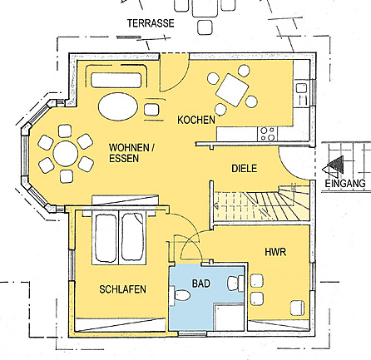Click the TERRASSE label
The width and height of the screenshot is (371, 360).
(x=151, y=23)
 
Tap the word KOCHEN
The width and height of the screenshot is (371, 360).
(x=196, y=120)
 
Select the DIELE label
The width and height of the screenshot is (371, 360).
(x=245, y=169)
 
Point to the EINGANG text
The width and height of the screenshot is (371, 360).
(x=345, y=183)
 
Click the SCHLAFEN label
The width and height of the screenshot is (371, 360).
(x=122, y=289)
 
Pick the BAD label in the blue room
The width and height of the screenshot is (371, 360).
(x=201, y=284)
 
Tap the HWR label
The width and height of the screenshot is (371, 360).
(x=275, y=252)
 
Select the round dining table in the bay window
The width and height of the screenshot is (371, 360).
(x=66, y=154)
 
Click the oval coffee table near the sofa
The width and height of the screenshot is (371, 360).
(x=118, y=106)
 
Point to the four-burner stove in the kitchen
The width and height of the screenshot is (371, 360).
(x=266, y=134)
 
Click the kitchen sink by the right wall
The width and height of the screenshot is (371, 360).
(x=301, y=94)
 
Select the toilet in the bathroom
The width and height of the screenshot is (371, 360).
(x=181, y=295)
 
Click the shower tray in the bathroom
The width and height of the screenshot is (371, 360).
(x=229, y=317)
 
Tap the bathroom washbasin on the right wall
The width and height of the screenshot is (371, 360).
(x=235, y=284)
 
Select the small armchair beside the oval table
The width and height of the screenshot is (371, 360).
(x=151, y=110)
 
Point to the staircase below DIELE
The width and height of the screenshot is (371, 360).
(x=262, y=204)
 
